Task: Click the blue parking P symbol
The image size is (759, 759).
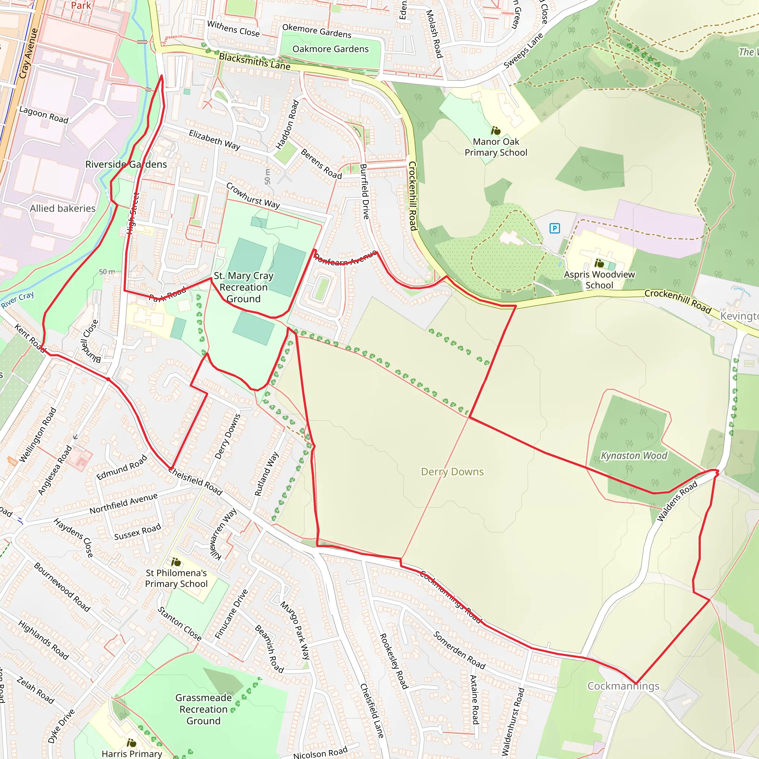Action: (554, 228)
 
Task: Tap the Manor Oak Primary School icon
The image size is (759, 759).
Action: (496, 130)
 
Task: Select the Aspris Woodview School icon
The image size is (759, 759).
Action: (599, 263)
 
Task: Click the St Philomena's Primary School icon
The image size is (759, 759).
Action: (176, 562)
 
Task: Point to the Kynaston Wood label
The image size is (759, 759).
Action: (634, 456)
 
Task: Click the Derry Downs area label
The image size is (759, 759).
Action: (452, 472)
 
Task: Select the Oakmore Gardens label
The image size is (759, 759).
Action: (330, 49)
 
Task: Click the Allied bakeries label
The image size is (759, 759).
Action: (63, 209)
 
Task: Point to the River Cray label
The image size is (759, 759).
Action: (17, 300)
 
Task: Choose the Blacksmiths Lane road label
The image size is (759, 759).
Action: (255, 62)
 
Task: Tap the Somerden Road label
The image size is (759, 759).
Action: (459, 650)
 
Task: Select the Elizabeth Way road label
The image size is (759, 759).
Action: (215, 140)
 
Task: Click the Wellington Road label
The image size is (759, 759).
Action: (38, 435)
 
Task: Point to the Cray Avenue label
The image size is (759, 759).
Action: (28, 53)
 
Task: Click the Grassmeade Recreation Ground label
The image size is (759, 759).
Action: (203, 709)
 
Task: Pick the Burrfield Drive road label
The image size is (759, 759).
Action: (365, 191)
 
